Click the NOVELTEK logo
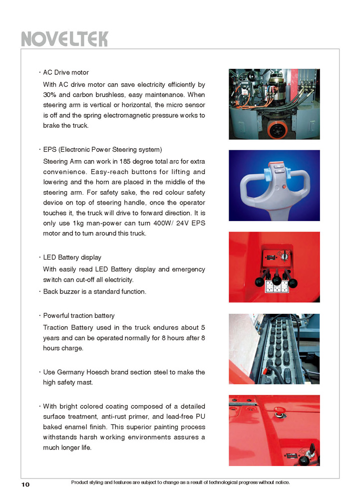64,39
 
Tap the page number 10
26,485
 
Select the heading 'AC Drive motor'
66,73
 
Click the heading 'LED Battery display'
72,257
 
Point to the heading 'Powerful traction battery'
79,316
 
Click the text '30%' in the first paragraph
50,95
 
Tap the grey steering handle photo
274,185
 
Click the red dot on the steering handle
284,187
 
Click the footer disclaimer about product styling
180,482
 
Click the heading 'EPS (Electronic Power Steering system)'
102,150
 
